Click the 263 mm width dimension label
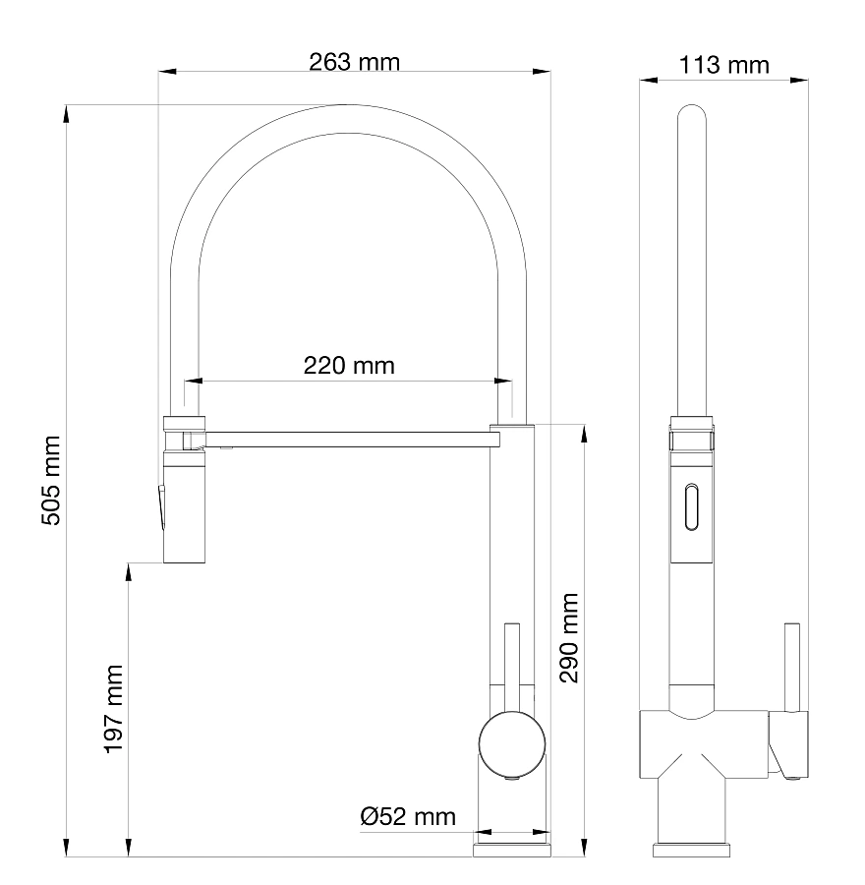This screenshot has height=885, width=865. (354, 62)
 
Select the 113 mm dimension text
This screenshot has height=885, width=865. (723, 65)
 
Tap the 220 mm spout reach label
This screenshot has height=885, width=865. (349, 365)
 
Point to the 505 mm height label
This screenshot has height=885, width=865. (51, 480)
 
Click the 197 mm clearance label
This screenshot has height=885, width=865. (113, 709)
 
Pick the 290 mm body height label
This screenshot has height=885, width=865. (569, 638)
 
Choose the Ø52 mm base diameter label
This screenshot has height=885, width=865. (408, 817)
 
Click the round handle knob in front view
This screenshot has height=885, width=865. (512, 744)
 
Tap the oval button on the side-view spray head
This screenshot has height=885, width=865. (691, 506)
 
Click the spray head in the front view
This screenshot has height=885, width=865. (184, 490)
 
